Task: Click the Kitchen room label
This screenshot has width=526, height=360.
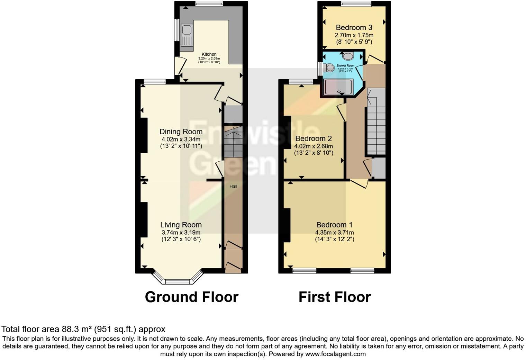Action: (209, 54)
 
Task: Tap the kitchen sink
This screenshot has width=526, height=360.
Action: (187, 35)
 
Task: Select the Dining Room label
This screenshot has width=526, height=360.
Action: (181, 132)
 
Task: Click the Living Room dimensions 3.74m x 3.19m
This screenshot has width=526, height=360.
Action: (181, 232)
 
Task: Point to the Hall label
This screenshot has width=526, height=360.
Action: (233, 186)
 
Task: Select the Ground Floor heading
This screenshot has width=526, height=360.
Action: (191, 297)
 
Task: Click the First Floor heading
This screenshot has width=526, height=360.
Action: (334, 297)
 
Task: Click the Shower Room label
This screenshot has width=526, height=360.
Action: (345, 65)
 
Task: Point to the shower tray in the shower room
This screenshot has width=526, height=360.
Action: (338, 87)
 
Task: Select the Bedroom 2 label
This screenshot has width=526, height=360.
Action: (313, 138)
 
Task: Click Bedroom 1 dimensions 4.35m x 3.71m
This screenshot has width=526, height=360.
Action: (334, 232)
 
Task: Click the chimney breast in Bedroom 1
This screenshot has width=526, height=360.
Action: (287, 225)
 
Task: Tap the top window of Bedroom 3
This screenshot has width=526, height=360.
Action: (356, 4)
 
